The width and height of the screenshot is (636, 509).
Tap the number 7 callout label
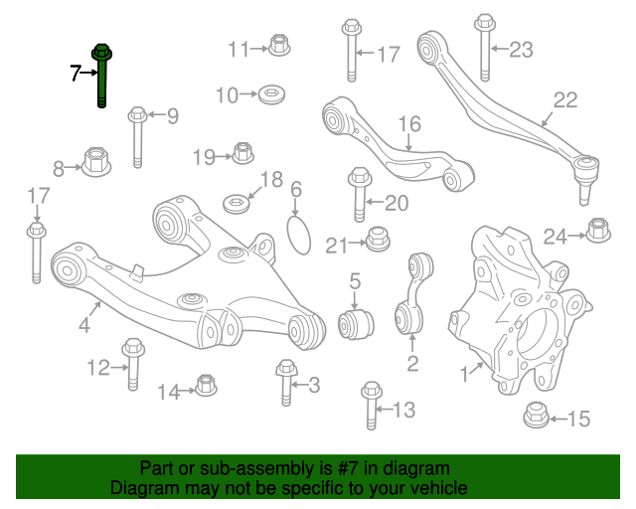[75, 73]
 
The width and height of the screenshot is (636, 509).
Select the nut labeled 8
[96, 162]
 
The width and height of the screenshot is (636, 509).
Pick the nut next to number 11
[279, 45]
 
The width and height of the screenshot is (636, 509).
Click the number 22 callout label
[564, 98]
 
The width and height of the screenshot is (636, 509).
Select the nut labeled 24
[598, 230]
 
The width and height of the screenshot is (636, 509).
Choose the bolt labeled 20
[360, 199]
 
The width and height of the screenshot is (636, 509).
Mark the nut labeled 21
[377, 240]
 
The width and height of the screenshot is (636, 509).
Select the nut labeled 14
[206, 386]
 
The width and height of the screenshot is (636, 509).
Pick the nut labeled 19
[241, 153]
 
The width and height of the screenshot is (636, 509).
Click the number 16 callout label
[410, 124]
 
